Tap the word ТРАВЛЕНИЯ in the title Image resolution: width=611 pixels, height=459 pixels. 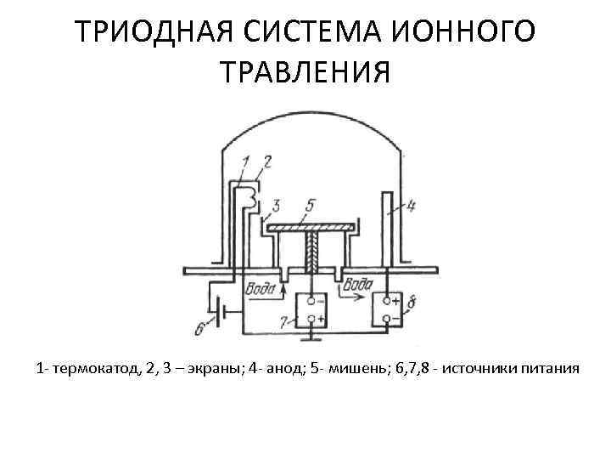305,72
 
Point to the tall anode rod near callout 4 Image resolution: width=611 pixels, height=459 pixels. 387,229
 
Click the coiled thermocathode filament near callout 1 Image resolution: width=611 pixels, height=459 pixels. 249,198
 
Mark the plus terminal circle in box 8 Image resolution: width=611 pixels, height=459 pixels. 386,301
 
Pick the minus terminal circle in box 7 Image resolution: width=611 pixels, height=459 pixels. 311,300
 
